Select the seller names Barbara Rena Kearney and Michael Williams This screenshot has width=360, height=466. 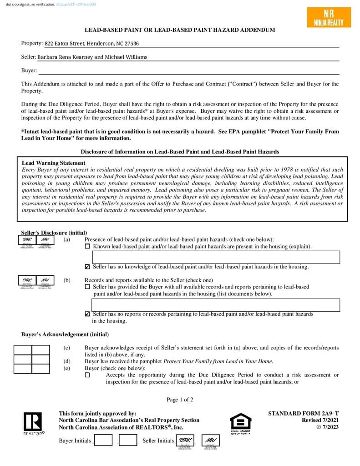pyautogui.click(x=92, y=57)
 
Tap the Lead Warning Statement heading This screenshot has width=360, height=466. pyautogui.click(x=53, y=163)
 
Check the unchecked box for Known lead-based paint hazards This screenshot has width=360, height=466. pyautogui.click(x=87, y=247)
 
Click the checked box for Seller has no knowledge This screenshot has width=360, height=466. pyautogui.click(x=87, y=267)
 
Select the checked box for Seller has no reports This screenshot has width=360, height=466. pyautogui.click(x=87, y=314)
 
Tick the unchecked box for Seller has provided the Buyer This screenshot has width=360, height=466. pyautogui.click(x=87, y=287)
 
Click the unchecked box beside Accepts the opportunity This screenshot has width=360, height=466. pyautogui.click(x=87, y=375)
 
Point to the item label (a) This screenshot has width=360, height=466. pyautogui.click(x=67, y=239)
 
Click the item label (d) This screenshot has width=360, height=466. pyautogui.click(x=67, y=361)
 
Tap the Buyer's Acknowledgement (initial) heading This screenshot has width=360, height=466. pyautogui.click(x=65, y=334)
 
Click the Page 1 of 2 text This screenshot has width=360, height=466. pyautogui.click(x=180, y=400)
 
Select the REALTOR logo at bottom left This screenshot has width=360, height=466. pyautogui.click(x=33, y=423)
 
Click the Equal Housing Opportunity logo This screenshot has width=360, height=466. pyautogui.click(x=240, y=423)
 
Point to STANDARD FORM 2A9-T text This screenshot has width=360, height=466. pyautogui.click(x=303, y=414)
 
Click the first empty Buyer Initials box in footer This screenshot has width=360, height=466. pyautogui.click(x=103, y=440)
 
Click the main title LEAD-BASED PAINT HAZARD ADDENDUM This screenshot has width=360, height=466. pyautogui.click(x=180, y=30)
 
